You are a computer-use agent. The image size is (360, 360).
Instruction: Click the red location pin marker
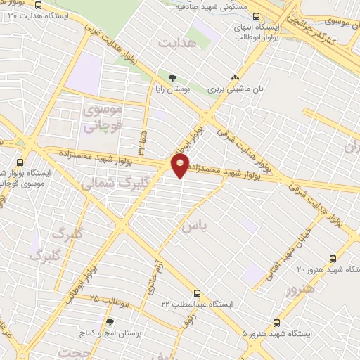tap(181, 165)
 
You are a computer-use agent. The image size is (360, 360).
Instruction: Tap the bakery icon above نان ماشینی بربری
tap(235, 78)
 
